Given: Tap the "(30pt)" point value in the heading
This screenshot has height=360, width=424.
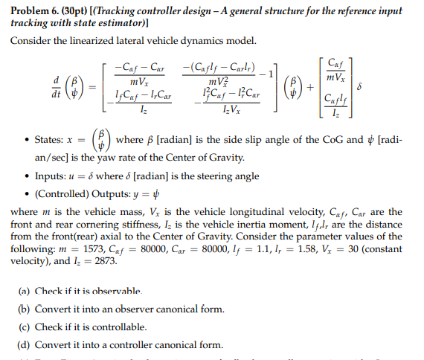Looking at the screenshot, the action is point(77,11).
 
